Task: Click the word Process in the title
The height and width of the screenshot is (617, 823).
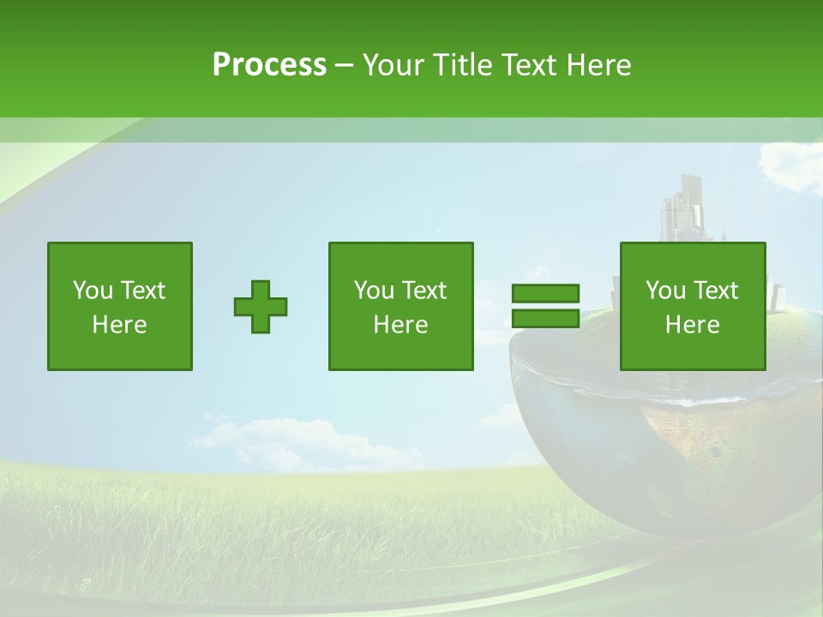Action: click(x=269, y=65)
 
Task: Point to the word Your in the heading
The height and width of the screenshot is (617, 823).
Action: click(x=391, y=65)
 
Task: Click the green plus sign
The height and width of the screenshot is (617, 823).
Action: click(x=261, y=307)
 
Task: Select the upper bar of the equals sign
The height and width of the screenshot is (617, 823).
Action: click(x=546, y=293)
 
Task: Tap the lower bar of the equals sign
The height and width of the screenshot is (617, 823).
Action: click(x=546, y=318)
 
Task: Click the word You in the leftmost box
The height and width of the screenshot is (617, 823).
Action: click(x=91, y=291)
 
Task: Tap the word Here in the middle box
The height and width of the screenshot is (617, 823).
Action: click(x=401, y=325)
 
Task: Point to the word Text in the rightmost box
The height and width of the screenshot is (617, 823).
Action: click(x=716, y=291)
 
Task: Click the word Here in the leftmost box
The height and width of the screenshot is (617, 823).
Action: click(x=120, y=325)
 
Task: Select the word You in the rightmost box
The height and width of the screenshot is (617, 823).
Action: click(x=664, y=291)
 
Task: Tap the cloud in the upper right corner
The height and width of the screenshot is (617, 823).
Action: click(x=793, y=163)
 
